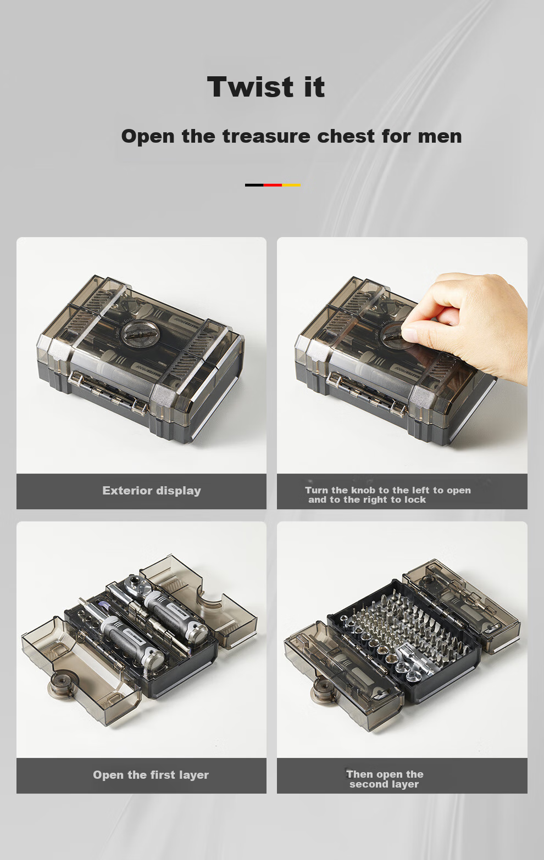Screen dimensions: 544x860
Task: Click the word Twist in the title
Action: (250, 87)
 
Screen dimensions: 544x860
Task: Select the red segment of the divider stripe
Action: (273, 185)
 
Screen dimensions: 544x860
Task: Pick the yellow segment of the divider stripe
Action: (291, 185)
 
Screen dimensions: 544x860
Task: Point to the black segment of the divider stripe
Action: (254, 185)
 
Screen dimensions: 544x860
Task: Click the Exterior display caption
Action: (152, 491)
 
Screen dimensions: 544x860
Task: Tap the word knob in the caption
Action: (363, 490)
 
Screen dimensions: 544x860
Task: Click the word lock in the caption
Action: (415, 499)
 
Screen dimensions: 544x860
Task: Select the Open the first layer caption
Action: (151, 775)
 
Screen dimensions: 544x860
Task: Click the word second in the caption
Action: (365, 784)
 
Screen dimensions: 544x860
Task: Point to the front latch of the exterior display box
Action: (108, 394)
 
